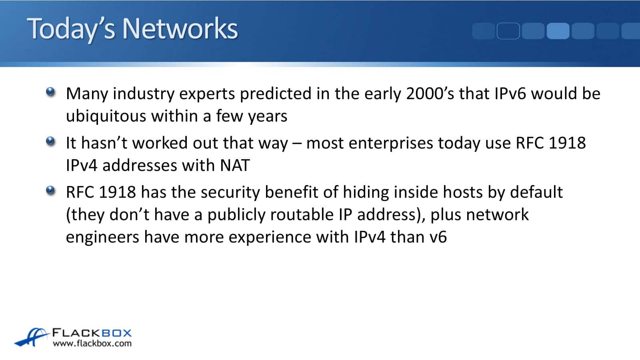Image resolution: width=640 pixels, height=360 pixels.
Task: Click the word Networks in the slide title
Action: pos(180,28)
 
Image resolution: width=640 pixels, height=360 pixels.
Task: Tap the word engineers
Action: pos(102,237)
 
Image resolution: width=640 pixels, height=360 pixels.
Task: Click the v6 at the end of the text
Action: pos(438,237)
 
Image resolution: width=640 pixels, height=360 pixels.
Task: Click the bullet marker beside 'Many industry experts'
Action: pos(50,92)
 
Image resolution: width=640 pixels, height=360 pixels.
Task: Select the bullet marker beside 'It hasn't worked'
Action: pos(50,142)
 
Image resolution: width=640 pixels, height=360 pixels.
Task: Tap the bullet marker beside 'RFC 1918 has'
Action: pos(50,191)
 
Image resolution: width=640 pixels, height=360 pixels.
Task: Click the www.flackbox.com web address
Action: pos(92,343)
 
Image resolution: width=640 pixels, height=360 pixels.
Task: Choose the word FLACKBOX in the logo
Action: pos(92,333)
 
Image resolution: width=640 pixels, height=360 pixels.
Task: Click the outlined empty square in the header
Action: pos(508,31)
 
